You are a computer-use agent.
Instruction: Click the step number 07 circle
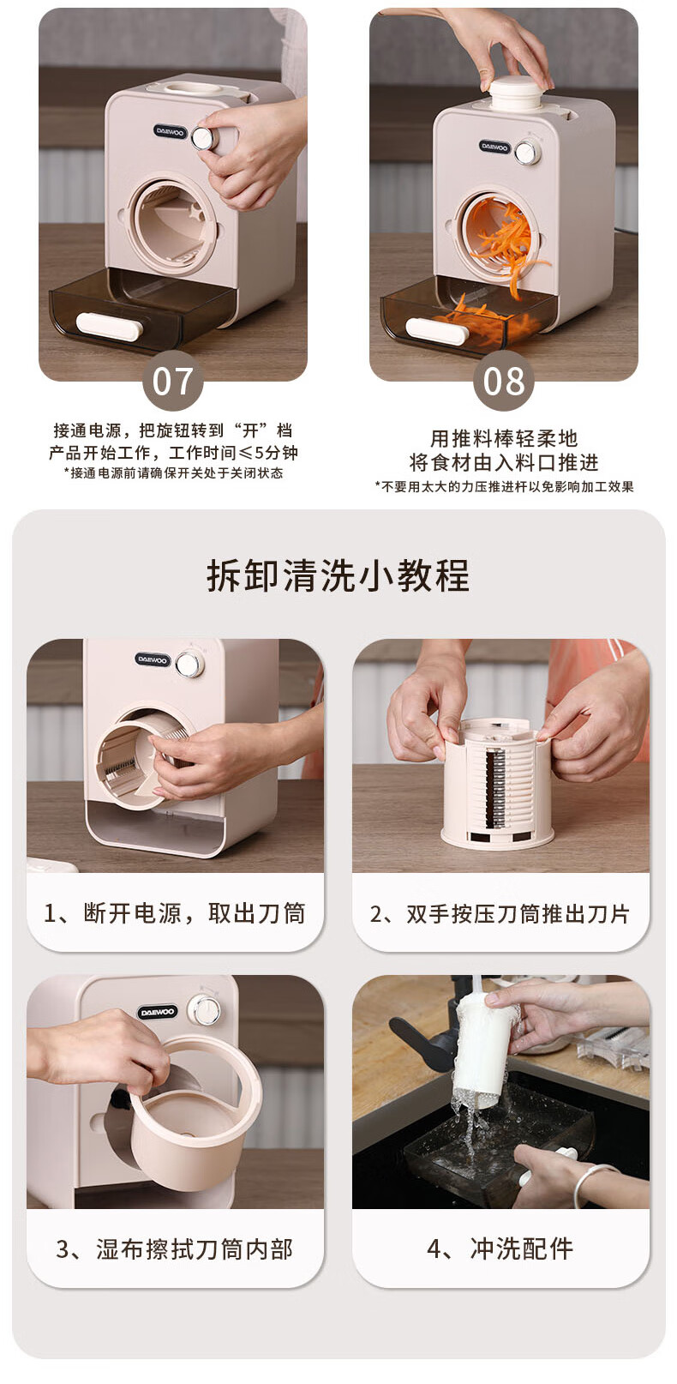[x=173, y=381]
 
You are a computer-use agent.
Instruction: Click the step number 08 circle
[x=503, y=381]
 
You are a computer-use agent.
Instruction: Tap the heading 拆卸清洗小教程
[x=338, y=575]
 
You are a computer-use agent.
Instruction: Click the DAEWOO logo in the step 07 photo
[x=170, y=131]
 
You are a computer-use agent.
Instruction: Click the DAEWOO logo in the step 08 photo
[x=494, y=147]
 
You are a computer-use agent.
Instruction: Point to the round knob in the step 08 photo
[x=527, y=153]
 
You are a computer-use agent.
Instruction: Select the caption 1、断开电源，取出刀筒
[x=175, y=913]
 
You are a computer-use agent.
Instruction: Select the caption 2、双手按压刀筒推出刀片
[x=500, y=914]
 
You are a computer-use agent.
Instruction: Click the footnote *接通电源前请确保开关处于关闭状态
[x=174, y=473]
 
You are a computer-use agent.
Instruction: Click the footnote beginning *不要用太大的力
[x=504, y=487]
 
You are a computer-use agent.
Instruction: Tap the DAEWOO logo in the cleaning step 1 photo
[x=152, y=660]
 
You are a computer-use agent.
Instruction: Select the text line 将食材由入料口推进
[x=504, y=462]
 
